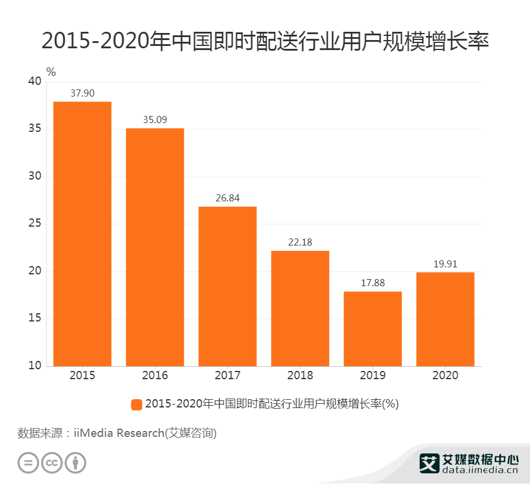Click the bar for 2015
(x=82, y=234)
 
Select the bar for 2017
(x=227, y=286)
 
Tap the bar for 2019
(x=373, y=329)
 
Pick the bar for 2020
(x=445, y=319)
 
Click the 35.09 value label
(x=155, y=120)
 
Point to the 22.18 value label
(x=300, y=242)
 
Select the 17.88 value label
(x=373, y=283)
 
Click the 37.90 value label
(x=82, y=93)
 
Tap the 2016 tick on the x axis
(x=155, y=376)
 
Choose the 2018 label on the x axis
(x=300, y=376)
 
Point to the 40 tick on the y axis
(x=35, y=82)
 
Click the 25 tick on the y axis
(x=35, y=224)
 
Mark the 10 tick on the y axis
(x=35, y=366)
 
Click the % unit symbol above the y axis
(x=51, y=72)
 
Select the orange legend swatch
(x=137, y=404)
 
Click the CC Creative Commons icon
(x=52, y=463)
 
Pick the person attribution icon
(x=75, y=463)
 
